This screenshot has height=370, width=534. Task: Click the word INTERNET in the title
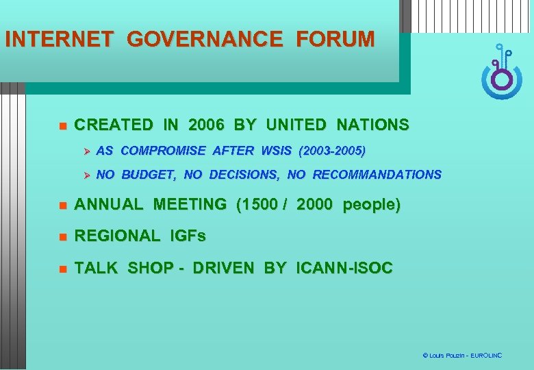(x=59, y=39)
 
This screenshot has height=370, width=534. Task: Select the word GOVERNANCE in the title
(x=204, y=39)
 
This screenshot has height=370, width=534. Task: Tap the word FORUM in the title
(x=335, y=39)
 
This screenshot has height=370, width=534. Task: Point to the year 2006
(x=205, y=125)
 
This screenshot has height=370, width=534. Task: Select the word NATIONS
(x=372, y=125)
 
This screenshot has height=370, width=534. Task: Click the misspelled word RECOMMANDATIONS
(x=377, y=175)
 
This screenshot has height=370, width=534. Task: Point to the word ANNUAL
(x=109, y=205)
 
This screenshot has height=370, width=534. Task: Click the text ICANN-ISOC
(x=344, y=269)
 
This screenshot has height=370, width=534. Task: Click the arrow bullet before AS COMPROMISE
(x=86, y=150)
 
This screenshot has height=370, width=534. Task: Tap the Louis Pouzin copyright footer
(x=462, y=356)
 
